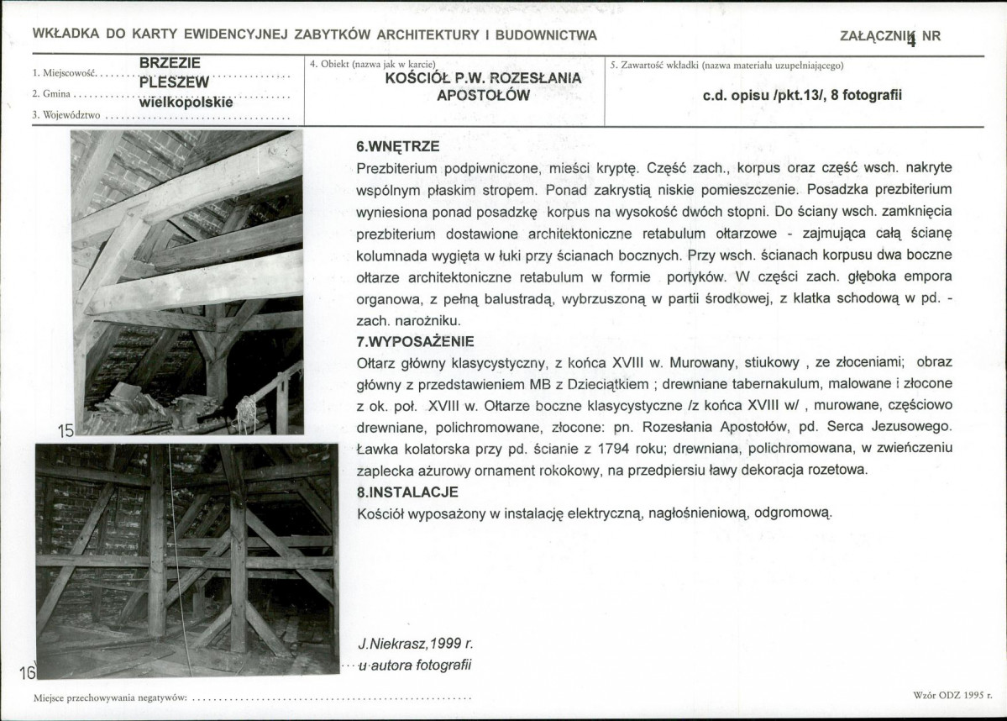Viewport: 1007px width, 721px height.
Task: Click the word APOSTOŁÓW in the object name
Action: tap(483, 95)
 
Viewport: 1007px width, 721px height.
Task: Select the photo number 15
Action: tap(66, 431)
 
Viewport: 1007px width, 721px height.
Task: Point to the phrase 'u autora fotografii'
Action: tap(415, 666)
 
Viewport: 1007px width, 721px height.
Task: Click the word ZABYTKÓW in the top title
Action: tap(330, 35)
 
